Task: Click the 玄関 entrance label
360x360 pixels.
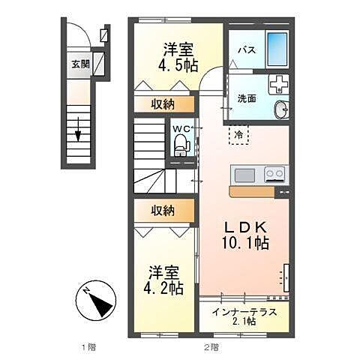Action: [x=80, y=64]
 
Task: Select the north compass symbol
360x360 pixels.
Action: [x=96, y=304]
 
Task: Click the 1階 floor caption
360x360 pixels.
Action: [x=88, y=346]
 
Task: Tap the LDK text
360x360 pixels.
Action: [x=241, y=226]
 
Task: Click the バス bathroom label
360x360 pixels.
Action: [x=244, y=50]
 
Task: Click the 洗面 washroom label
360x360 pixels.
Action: [x=247, y=97]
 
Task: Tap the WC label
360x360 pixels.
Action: [x=181, y=129]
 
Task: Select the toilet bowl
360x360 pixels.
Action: [x=181, y=146]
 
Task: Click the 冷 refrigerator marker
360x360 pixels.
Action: [x=238, y=135]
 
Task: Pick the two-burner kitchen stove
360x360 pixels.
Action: [x=274, y=175]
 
